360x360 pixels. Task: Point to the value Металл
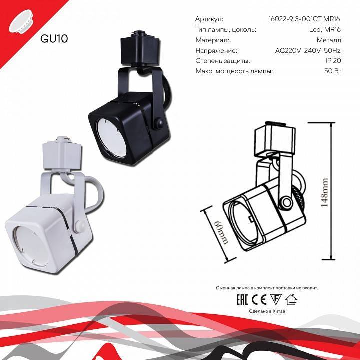tap(329, 40)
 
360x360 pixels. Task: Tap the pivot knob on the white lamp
tap(81, 226)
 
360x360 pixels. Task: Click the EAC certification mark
tap(243, 299)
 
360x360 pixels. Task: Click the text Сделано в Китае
tap(267, 311)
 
